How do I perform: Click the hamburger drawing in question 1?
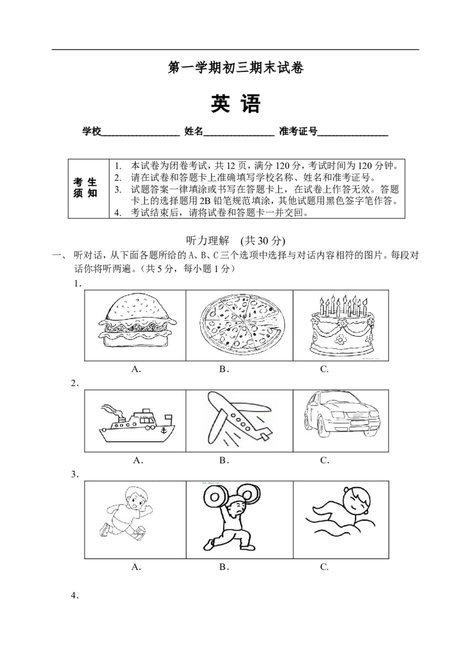134,325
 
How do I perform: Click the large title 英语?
235,104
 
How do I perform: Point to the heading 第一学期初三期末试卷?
235,68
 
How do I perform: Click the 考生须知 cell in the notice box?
85,188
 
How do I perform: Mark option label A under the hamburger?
136,369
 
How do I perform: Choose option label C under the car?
324,460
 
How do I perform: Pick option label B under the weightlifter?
224,566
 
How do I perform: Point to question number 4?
75,596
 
